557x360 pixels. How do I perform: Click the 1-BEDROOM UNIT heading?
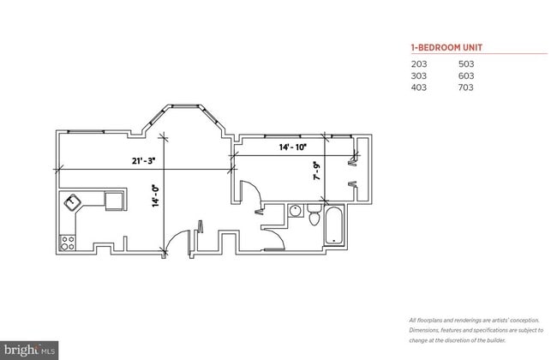(x=440, y=48)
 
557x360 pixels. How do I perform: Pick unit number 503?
(x=466, y=64)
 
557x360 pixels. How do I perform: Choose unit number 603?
(x=466, y=75)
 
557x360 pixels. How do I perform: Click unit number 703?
(x=466, y=87)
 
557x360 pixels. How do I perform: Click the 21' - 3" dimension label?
(x=144, y=160)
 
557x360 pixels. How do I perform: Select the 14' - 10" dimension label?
(x=293, y=147)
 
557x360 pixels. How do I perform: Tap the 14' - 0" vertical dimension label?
(x=155, y=196)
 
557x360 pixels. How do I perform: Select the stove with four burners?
(x=66, y=242)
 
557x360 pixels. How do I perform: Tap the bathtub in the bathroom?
(x=332, y=225)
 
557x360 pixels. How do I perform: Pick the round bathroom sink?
(x=294, y=210)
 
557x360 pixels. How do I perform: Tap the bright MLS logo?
(x=30, y=350)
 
